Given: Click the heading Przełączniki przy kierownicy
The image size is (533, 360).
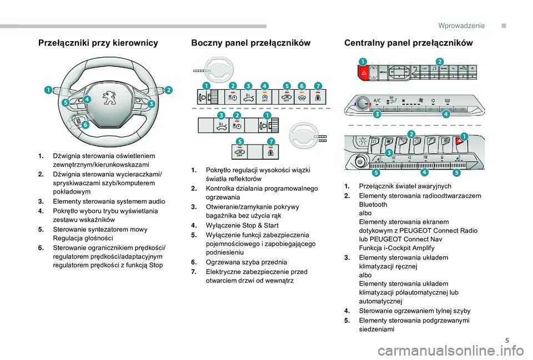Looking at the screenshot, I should coord(98,43).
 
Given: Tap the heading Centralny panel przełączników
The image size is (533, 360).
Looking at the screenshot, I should coord(408,43).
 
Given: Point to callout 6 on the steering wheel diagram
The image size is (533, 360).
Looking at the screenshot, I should coord(86,125).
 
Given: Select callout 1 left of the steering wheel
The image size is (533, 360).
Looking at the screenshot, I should coord(49,89).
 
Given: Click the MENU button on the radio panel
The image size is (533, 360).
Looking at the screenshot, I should coord(383,72).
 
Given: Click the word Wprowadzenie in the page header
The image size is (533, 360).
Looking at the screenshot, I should coord(461,26).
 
